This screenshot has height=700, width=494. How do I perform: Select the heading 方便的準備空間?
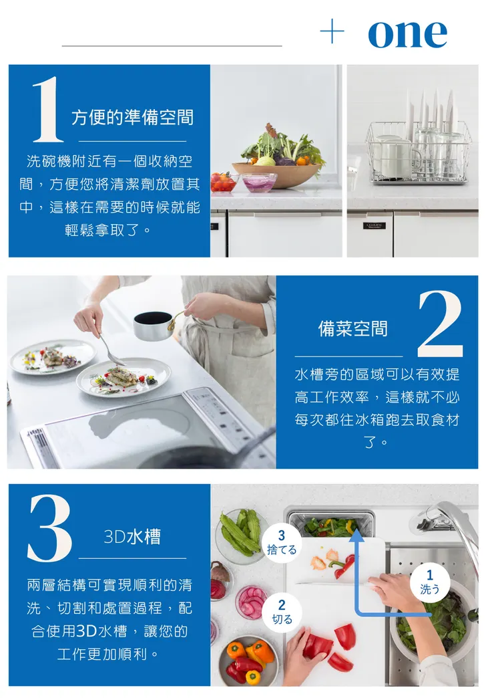coord(132,118)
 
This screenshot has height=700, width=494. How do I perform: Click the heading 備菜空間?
coord(352,328)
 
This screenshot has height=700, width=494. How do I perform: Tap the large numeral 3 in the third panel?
coord(49,528)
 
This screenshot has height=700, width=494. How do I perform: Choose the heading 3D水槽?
coord(132,537)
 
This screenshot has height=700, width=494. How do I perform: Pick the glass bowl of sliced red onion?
coord(260,182)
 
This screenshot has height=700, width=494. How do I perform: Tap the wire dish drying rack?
coord(417,153)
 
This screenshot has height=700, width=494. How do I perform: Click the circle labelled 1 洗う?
coord(430,582)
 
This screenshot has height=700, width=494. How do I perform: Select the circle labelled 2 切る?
coord(282,612)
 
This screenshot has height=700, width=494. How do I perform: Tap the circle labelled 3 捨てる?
coord(281,542)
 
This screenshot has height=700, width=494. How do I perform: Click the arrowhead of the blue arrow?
coord(356,537)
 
